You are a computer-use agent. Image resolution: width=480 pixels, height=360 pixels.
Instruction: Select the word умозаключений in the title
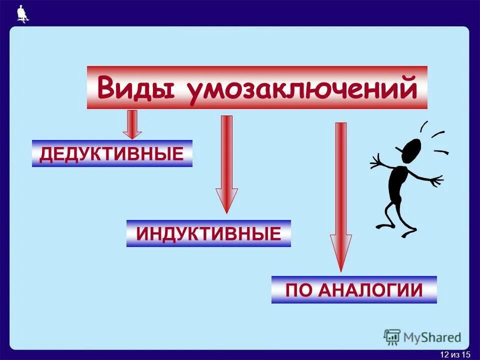[x=302, y=89]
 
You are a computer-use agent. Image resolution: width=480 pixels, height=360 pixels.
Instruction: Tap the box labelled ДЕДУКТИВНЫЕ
[x=112, y=153]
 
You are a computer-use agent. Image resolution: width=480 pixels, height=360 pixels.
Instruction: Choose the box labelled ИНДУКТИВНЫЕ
[x=208, y=233]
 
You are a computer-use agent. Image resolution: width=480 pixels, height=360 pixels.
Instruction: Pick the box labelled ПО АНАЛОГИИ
[x=354, y=290]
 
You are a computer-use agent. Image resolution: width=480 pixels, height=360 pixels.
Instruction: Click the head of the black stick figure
[x=411, y=150]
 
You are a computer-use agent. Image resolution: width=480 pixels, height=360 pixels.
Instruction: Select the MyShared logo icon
[x=392, y=337]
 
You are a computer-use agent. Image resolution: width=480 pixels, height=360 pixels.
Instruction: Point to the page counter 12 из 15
[x=455, y=354]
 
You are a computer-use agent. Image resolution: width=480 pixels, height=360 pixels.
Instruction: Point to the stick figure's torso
[x=398, y=182]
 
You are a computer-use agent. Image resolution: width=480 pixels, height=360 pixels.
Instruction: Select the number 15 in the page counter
[x=466, y=354]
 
